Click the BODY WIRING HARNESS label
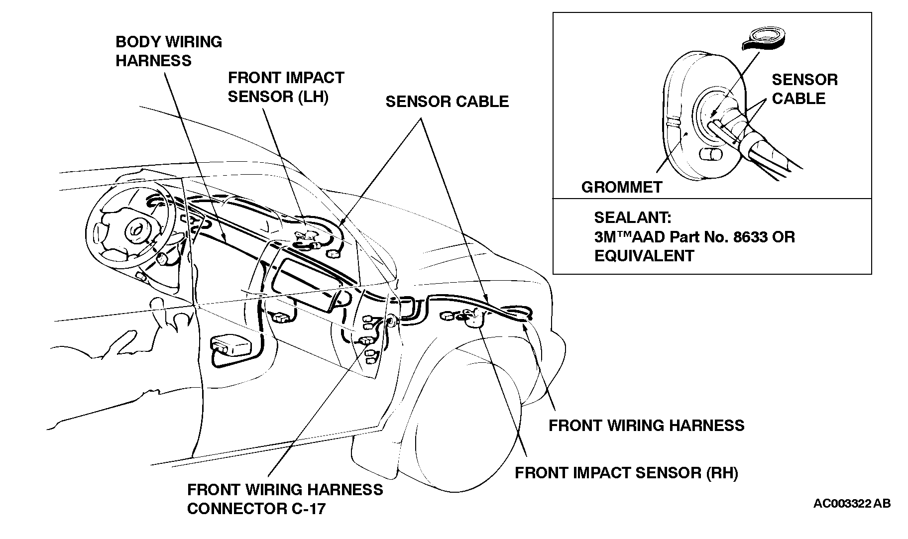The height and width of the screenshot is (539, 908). click(168, 51)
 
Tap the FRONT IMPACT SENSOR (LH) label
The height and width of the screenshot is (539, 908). click(286, 87)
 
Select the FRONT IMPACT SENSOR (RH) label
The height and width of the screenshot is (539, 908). click(626, 472)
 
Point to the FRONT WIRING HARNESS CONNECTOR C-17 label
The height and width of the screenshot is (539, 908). click(285, 499)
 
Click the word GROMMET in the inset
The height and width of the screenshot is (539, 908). click(621, 187)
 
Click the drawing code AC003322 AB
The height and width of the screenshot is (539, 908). click(852, 504)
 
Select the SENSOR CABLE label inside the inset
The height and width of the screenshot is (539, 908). click(804, 89)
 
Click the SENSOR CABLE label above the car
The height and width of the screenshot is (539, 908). click(447, 102)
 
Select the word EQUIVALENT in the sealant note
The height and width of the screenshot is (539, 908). click(644, 256)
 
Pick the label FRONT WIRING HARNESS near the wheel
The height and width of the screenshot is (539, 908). click(646, 425)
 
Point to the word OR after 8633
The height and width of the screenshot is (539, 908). click(784, 237)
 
